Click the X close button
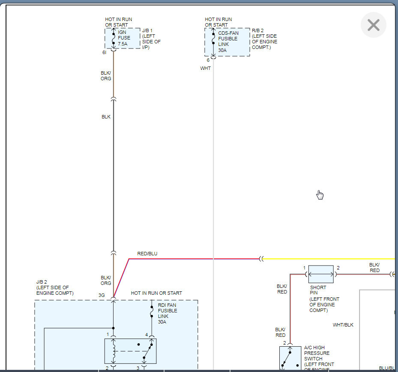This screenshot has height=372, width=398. (373, 25)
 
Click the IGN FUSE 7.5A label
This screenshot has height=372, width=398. (124, 38)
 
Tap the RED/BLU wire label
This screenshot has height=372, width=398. (147, 254)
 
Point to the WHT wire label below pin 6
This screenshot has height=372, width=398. (205, 68)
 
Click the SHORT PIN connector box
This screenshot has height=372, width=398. (321, 274)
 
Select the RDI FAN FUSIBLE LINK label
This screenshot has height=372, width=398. (167, 313)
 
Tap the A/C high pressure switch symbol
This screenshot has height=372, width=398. (290, 358)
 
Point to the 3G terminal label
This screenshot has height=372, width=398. (102, 295)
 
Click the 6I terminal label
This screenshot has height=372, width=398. (104, 53)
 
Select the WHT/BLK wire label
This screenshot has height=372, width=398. (343, 325)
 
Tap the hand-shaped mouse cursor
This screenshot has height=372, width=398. (320, 195)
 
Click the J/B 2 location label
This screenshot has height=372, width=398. (55, 287)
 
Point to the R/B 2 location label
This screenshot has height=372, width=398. (264, 39)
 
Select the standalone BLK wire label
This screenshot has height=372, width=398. (106, 116)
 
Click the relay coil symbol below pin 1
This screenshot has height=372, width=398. (113, 351)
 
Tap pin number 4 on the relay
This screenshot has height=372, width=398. (147, 335)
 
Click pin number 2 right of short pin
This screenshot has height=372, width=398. (338, 268)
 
